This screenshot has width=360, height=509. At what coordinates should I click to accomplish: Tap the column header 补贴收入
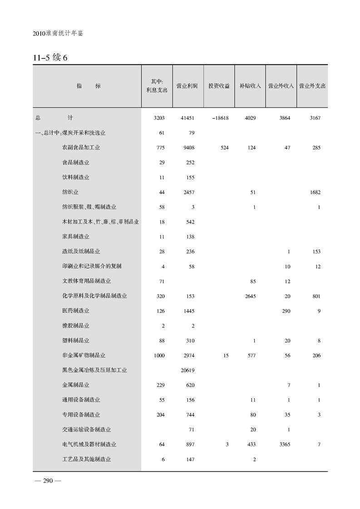tap(250, 85)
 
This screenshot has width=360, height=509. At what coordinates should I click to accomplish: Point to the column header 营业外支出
tap(313, 85)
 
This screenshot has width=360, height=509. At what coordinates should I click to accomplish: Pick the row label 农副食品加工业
tap(81, 148)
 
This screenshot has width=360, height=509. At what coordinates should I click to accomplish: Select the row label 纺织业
tap(70, 192)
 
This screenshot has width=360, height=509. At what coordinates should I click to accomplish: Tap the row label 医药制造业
tap(75, 311)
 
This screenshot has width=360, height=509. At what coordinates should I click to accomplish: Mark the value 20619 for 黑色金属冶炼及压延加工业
tap(187, 370)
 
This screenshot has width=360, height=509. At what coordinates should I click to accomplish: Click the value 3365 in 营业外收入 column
tap(284, 444)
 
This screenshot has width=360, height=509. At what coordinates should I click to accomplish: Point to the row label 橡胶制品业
tap(75, 326)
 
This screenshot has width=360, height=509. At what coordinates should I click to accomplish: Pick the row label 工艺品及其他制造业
tap(86, 459)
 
